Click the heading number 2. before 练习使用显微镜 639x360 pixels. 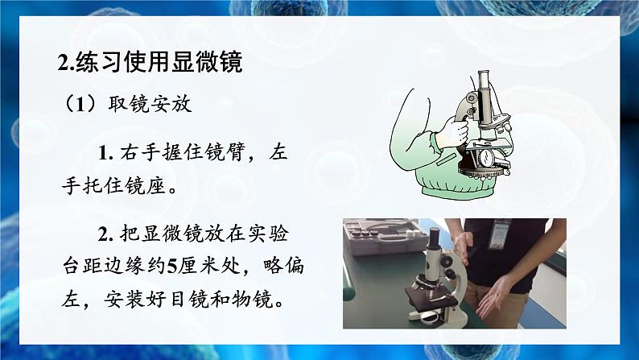(x=67, y=63)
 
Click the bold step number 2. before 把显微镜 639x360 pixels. (x=109, y=234)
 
